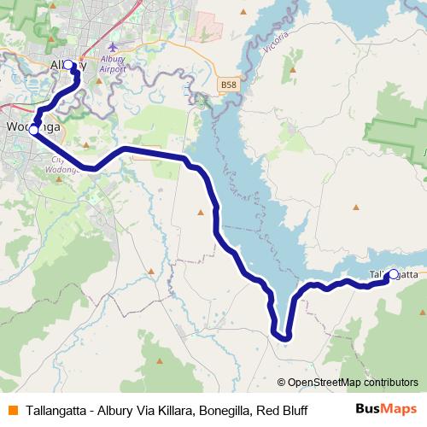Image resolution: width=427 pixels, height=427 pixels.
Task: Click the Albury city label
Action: click(x=62, y=66)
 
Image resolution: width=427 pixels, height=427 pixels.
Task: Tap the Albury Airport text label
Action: click(x=113, y=64)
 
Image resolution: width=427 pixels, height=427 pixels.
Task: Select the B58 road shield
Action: click(x=227, y=85)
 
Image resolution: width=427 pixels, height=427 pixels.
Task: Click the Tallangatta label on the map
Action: click(x=394, y=274)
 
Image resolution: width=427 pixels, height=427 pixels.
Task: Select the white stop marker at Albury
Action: click(x=69, y=65)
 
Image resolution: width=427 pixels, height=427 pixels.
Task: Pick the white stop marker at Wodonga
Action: click(x=34, y=131)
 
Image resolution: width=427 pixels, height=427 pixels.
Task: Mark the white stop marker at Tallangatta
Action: click(x=393, y=274)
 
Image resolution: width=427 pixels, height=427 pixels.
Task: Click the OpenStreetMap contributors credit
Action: click(x=348, y=383)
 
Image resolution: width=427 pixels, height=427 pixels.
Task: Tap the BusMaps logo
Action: click(x=386, y=410)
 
